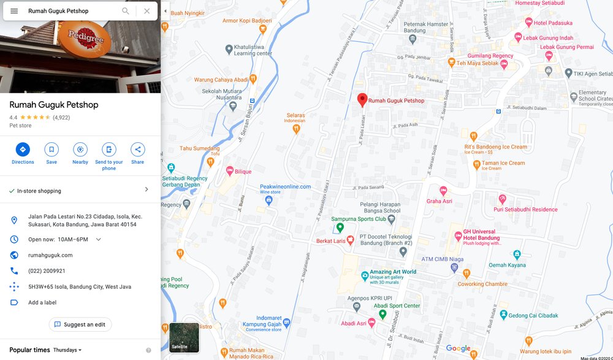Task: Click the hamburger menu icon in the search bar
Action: point(14,11)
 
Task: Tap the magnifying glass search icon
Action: point(126,11)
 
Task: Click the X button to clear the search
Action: point(147,11)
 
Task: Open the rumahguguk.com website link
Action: point(50,255)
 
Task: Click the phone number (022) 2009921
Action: point(47,271)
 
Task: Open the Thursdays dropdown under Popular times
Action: point(67,350)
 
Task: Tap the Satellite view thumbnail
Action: point(184,337)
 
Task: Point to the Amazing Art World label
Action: point(393,272)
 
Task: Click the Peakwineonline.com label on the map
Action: point(285,186)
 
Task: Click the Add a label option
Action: point(42,302)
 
